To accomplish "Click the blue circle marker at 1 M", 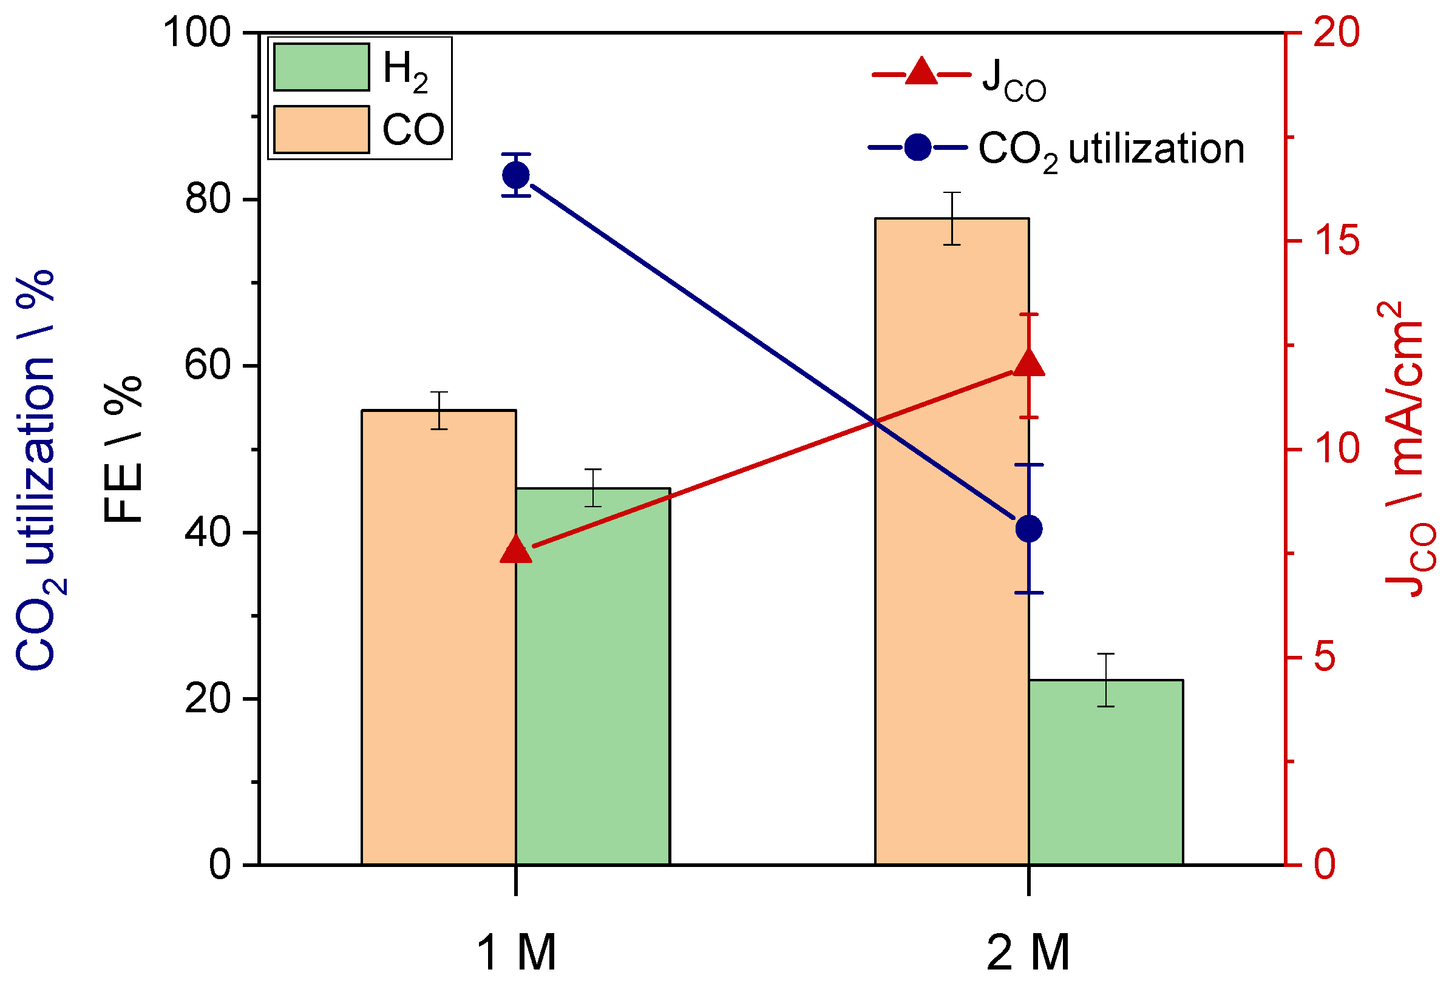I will click(516, 175).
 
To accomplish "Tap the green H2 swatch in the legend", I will click(321, 67).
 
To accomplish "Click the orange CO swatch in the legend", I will click(321, 129).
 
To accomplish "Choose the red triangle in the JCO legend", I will click(921, 72).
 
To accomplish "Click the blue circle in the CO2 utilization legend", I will click(918, 148).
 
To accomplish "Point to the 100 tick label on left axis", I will click(197, 32).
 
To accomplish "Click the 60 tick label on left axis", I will click(208, 366).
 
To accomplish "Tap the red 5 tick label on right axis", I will click(1326, 656).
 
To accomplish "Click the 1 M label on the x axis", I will click(516, 953).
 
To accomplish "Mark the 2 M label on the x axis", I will click(1028, 953).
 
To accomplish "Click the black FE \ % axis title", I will click(123, 449).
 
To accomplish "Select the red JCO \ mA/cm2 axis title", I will click(1407, 449).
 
